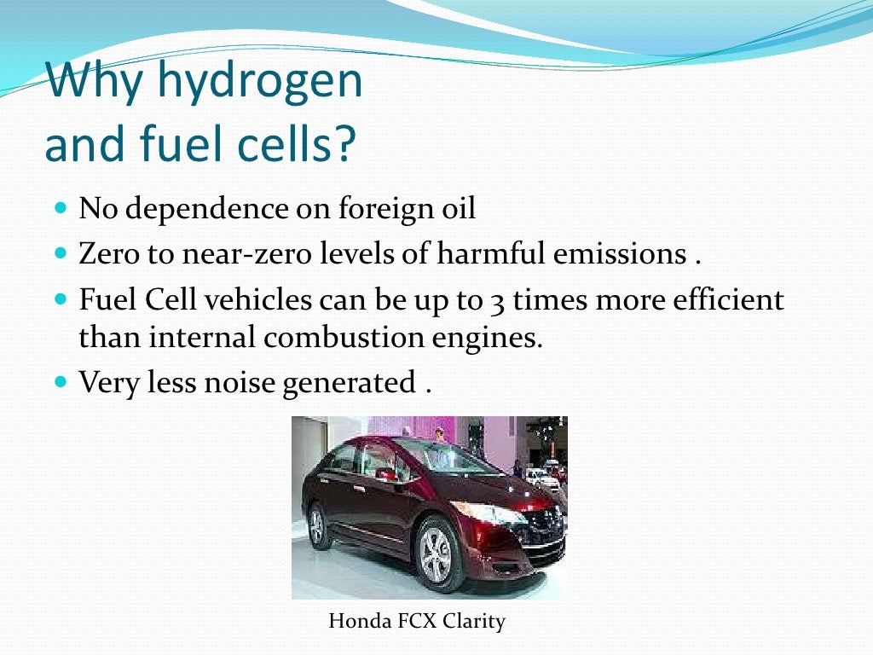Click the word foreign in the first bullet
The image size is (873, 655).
(x=375, y=208)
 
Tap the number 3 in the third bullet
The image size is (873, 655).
(x=498, y=301)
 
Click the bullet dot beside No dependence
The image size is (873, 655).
(x=60, y=208)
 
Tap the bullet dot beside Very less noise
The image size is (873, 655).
(x=60, y=382)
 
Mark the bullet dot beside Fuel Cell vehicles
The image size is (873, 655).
(x=60, y=300)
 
